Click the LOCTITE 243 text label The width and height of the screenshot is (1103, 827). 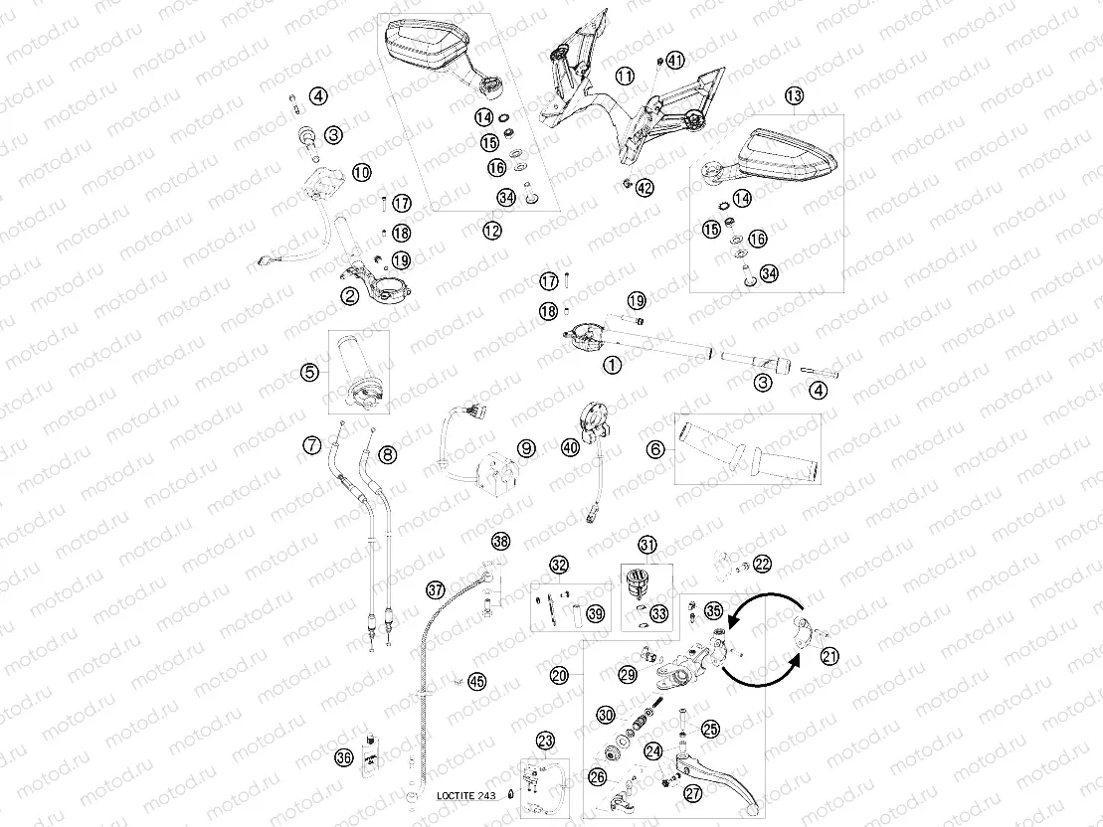coord(465,795)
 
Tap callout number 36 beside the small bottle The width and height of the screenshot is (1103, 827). coord(344,757)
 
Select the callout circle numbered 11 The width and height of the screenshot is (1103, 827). coord(625,76)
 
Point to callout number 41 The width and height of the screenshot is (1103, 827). coord(675,61)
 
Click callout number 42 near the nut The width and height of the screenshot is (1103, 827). coord(644,188)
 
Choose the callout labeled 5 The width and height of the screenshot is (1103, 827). coord(310,373)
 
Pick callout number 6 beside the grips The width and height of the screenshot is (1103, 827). coord(655,448)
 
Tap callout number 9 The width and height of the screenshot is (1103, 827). coord(526,448)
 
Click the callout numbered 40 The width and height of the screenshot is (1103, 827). coord(570,446)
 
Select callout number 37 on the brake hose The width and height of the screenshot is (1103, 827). coord(436,589)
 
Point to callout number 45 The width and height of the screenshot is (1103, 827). coord(477,682)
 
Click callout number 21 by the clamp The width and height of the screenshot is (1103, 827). coord(830,657)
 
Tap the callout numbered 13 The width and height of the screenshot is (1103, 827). coord(795,95)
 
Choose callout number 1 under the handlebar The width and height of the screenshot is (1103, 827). coord(613,365)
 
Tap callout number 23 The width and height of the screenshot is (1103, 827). coord(545,740)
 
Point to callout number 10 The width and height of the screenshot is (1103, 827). coord(362,172)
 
